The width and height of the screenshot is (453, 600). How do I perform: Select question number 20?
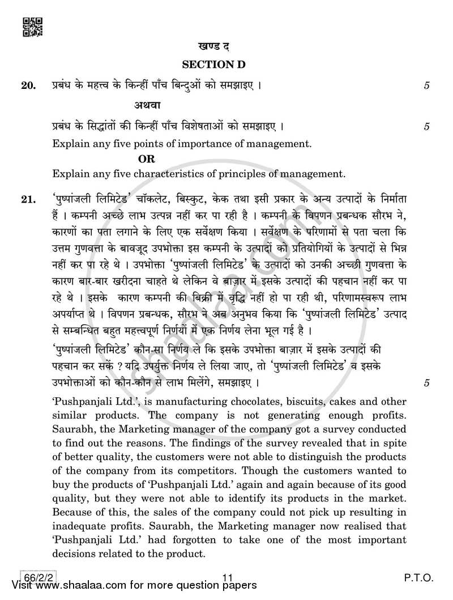pos(27,86)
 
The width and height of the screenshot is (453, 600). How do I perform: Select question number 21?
pos(27,200)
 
